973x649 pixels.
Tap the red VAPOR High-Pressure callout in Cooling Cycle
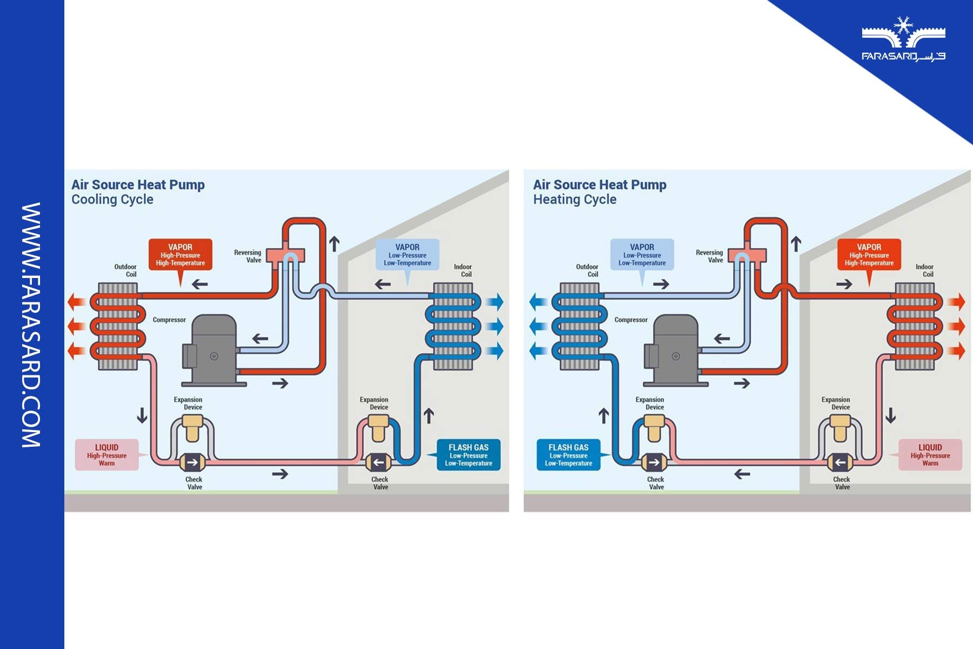[181, 255]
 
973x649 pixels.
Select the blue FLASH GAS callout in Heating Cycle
[568, 455]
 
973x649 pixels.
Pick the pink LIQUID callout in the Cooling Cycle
[107, 455]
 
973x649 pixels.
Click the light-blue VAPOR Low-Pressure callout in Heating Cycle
[642, 255]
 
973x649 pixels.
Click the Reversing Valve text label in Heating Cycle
[709, 256]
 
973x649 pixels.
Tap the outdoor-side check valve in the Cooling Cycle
[192, 462]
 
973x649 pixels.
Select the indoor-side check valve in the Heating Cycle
[839, 462]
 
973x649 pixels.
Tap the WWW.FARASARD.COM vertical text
[31, 325]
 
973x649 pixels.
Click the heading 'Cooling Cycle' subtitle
[112, 200]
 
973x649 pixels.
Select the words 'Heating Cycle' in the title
[575, 200]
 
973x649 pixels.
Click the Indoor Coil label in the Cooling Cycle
[463, 270]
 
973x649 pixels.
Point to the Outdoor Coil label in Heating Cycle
[587, 270]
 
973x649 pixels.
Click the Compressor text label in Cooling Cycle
[169, 320]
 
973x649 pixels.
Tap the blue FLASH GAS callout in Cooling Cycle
[468, 455]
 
